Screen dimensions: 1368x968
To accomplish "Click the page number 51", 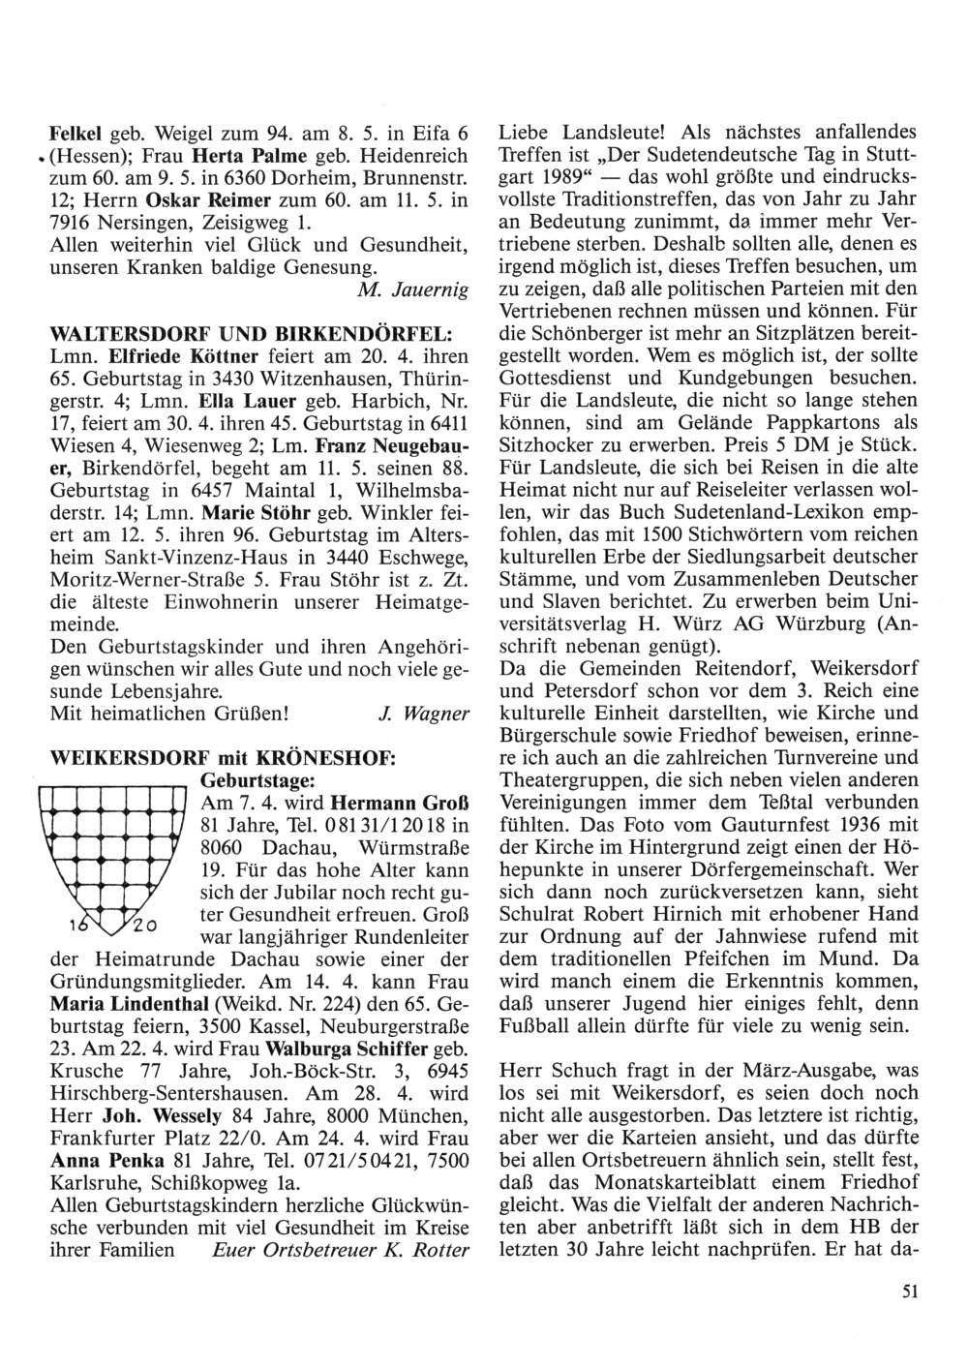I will [907, 1291].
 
